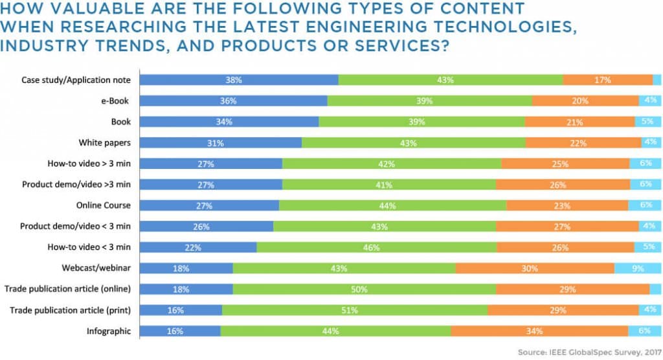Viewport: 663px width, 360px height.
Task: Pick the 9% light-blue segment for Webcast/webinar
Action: click(638, 268)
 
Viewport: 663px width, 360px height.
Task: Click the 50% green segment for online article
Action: click(365, 289)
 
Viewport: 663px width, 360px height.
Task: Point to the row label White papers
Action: click(105, 142)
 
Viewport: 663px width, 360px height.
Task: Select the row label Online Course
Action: click(104, 205)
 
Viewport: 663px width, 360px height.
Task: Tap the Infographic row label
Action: click(109, 331)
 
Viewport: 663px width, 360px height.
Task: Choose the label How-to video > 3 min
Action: click(89, 163)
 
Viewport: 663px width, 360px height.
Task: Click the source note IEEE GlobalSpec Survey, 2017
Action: click(589, 352)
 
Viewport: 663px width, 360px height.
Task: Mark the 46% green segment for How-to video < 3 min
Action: click(377, 247)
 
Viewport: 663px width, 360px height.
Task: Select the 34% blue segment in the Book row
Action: click(229, 122)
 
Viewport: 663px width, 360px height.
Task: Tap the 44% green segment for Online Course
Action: click(392, 205)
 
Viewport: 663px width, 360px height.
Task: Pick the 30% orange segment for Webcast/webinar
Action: click(535, 268)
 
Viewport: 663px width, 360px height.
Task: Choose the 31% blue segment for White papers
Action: click(221, 142)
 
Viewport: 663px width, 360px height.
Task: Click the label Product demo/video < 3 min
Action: click(75, 226)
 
